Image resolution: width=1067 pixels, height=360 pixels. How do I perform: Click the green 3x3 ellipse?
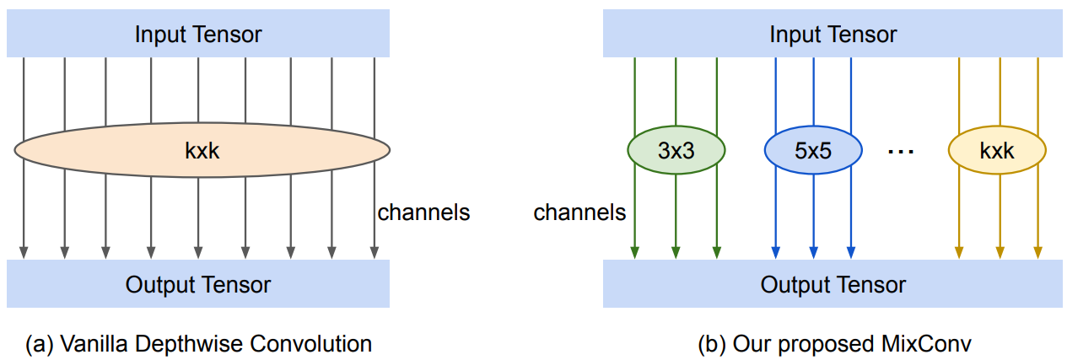pos(676,151)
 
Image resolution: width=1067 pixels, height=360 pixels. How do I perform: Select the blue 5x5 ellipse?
pos(813,151)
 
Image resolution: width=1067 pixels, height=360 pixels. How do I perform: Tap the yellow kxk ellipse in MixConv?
pos(997,151)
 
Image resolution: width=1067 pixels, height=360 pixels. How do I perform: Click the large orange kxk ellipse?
pos(202,151)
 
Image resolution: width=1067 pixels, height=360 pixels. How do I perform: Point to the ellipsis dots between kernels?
pos(902,153)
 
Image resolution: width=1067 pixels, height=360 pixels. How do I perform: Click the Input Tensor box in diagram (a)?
pos(198,35)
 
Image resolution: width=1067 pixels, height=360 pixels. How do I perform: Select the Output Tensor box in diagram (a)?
pos(198,284)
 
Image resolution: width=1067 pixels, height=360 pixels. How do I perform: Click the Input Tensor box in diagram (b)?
pos(833,35)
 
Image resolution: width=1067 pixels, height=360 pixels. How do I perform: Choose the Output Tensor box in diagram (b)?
pos(833,284)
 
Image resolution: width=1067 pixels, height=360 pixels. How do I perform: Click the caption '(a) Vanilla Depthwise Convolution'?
pos(198,344)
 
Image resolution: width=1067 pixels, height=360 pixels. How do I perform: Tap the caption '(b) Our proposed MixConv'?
pos(833,344)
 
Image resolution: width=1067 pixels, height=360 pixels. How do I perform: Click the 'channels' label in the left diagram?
pos(423,212)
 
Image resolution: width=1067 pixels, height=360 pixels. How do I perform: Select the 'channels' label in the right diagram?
pos(579,212)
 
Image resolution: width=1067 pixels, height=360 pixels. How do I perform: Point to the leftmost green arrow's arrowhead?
pos(634,252)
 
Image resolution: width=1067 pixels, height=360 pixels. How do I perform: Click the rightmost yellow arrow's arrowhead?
pos(1037,252)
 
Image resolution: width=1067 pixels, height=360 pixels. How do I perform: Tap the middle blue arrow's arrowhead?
pos(813,252)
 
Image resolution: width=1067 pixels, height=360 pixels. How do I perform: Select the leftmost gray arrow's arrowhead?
pos(24,252)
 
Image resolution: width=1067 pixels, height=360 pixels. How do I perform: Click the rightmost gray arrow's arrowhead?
pos(373,252)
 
